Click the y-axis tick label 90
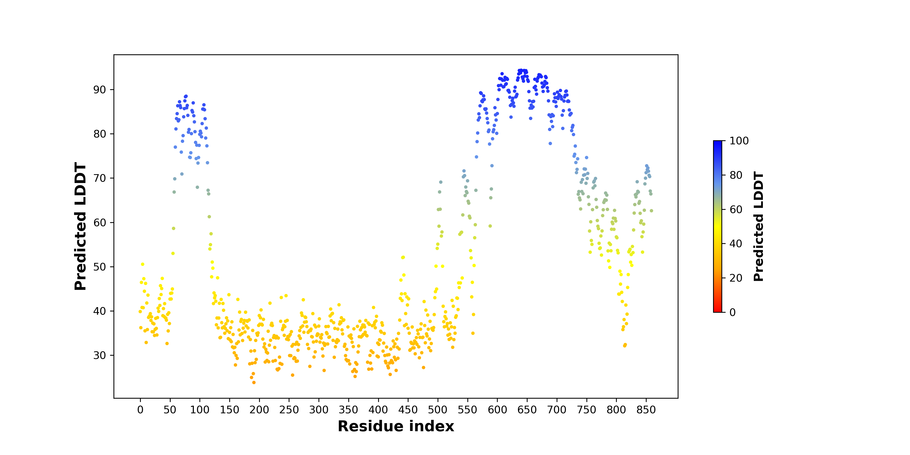[100, 90]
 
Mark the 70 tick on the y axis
[100, 178]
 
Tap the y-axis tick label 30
[100, 355]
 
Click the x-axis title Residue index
[396, 426]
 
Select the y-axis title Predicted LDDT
[81, 226]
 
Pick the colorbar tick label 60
[736, 210]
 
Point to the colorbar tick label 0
[733, 312]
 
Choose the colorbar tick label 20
[736, 278]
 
